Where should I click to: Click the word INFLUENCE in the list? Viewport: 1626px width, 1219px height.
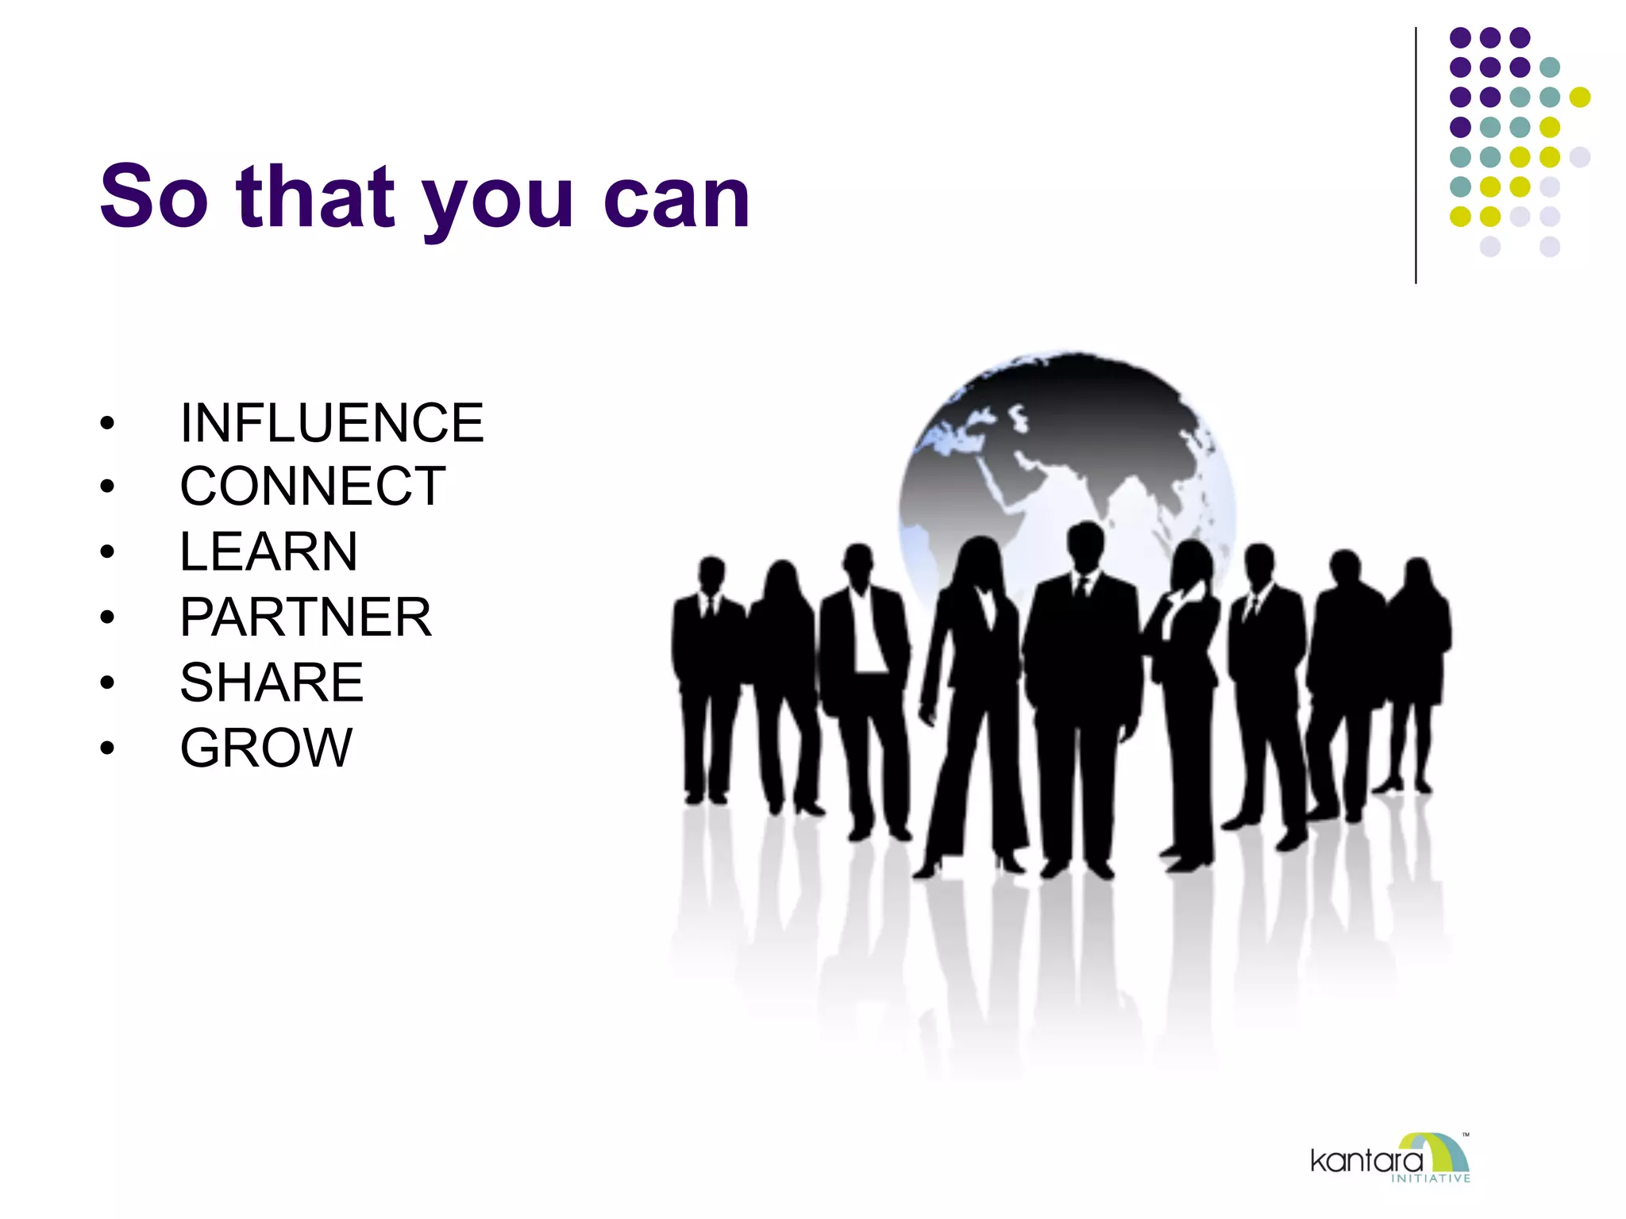pos(331,423)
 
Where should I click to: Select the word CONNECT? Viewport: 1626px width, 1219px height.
pos(313,486)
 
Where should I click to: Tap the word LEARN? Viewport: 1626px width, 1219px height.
pos(268,552)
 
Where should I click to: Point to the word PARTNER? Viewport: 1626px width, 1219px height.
pos(306,617)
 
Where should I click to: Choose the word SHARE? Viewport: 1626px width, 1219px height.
pos(272,683)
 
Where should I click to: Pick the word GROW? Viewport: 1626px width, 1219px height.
pos(266,748)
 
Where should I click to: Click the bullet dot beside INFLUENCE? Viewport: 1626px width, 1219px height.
pos(107,423)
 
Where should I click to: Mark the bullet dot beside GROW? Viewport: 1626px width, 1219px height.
pos(107,748)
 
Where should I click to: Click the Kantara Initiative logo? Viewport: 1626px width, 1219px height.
pos(1390,1159)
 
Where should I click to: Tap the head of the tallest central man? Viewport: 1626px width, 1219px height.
pos(1085,546)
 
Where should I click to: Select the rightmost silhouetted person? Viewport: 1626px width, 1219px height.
pos(1417,659)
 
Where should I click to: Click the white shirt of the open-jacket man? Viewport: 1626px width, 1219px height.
pos(867,635)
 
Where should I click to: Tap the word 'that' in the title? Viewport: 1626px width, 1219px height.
pos(315,196)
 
